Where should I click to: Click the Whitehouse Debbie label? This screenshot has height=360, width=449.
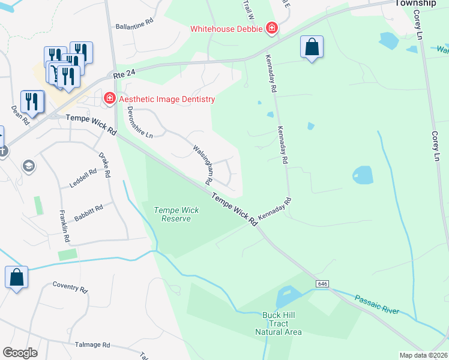click(x=226, y=29)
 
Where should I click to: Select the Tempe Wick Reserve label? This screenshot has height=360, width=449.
click(x=172, y=214)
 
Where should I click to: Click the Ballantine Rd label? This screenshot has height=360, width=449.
click(x=134, y=27)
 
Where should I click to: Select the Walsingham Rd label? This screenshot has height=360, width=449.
click(x=203, y=164)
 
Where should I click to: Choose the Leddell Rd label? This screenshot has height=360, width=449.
click(x=83, y=178)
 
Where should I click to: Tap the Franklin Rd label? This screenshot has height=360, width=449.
click(x=64, y=226)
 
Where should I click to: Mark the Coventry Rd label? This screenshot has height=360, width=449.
click(x=70, y=287)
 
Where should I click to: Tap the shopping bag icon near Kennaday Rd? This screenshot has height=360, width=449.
click(x=312, y=47)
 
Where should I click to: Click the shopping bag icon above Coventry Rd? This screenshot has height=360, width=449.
click(x=16, y=277)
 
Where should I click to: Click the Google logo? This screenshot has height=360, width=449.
click(x=20, y=352)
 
